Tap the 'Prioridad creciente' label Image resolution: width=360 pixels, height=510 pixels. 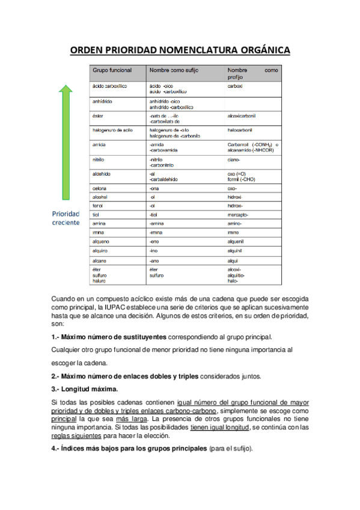coord(66,218)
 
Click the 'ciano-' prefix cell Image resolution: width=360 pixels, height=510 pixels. coord(234,160)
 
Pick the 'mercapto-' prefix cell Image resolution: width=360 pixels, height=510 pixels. coord(238,215)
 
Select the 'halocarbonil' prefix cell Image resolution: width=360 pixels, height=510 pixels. coord(240,129)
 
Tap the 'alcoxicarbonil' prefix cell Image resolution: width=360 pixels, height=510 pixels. coord(242,115)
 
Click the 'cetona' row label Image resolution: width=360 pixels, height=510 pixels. coord(100,188)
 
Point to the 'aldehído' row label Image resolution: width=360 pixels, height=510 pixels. coord(102,174)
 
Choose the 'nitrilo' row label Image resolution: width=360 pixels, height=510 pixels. coord(99,160)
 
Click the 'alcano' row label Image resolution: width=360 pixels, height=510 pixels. coord(100,260)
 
